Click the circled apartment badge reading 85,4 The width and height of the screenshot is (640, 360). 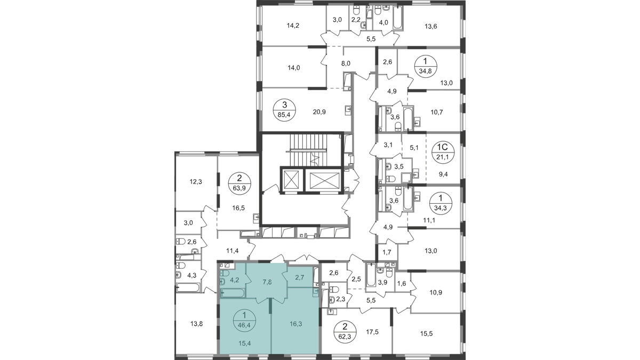click(284, 110)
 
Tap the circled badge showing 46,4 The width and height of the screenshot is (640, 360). click(244, 321)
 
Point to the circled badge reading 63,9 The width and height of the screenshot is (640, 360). click(239, 183)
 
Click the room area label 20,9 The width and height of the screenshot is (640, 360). click(319, 112)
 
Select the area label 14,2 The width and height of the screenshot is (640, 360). click(293, 26)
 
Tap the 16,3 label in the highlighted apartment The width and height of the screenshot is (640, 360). click(295, 324)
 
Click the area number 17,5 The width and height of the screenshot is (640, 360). click(372, 331)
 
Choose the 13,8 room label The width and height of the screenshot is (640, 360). click(196, 324)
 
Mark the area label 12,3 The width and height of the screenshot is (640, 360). click(196, 182)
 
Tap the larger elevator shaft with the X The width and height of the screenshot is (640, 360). click(324, 180)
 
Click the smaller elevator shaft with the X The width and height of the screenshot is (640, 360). click(291, 180)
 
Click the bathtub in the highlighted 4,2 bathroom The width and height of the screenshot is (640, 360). click(233, 293)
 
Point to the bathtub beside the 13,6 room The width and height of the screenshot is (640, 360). click(398, 18)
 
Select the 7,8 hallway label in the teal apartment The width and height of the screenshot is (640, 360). click(267, 282)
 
